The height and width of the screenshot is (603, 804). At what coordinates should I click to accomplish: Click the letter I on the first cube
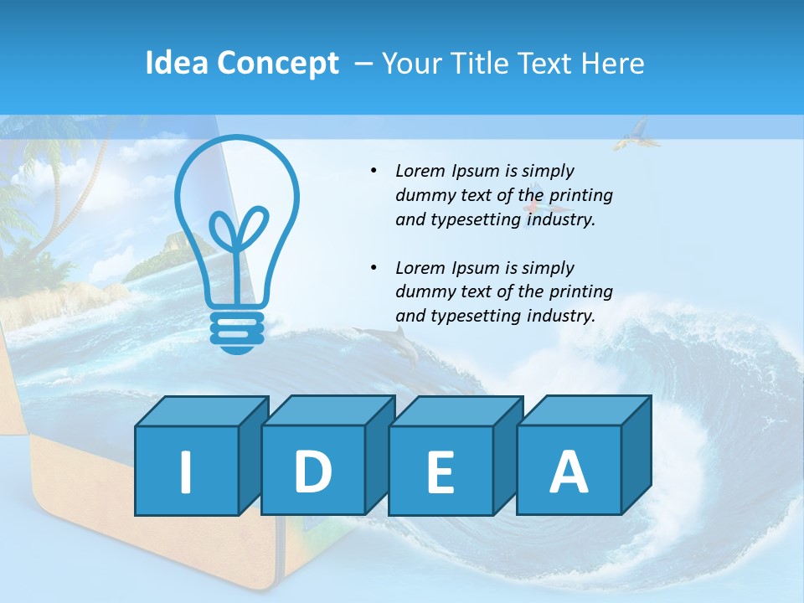186,472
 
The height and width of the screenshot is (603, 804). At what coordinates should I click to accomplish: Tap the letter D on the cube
312,471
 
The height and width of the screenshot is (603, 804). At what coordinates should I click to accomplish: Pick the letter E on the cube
440,472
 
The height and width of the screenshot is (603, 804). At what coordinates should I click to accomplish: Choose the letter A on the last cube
568,471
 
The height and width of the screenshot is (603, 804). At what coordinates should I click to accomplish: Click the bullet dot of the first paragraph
374,171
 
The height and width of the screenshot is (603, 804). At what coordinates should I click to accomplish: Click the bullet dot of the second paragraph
374,268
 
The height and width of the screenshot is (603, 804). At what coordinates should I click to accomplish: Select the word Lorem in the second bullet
422,268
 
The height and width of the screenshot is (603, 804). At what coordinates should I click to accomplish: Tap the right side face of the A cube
636,455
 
